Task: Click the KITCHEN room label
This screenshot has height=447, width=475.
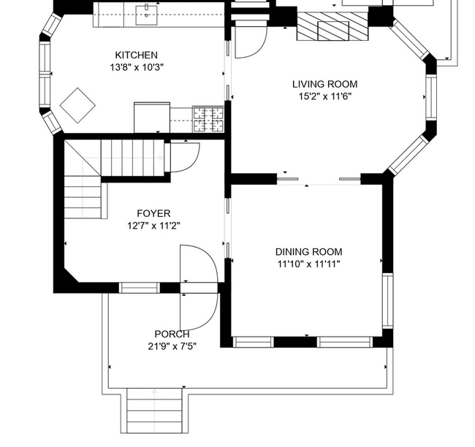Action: [136, 56]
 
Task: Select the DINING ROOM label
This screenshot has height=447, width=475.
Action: [308, 252]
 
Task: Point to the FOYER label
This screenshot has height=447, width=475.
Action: [153, 213]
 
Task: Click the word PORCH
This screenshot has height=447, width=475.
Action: [172, 335]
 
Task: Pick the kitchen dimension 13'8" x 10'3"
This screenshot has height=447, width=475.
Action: [136, 67]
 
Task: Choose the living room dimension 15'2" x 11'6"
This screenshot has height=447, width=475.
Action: [325, 96]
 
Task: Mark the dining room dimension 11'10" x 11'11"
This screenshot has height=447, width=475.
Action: [308, 264]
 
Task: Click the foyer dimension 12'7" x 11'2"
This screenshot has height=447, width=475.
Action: [153, 225]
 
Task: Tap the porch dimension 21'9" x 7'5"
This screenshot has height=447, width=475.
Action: [172, 346]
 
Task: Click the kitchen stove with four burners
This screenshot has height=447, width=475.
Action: [208, 118]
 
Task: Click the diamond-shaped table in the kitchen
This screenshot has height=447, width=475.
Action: [77, 105]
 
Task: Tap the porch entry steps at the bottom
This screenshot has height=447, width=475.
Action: [154, 411]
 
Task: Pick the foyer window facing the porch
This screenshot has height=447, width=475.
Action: [139, 288]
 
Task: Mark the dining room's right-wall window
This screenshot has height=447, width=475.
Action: [388, 301]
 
